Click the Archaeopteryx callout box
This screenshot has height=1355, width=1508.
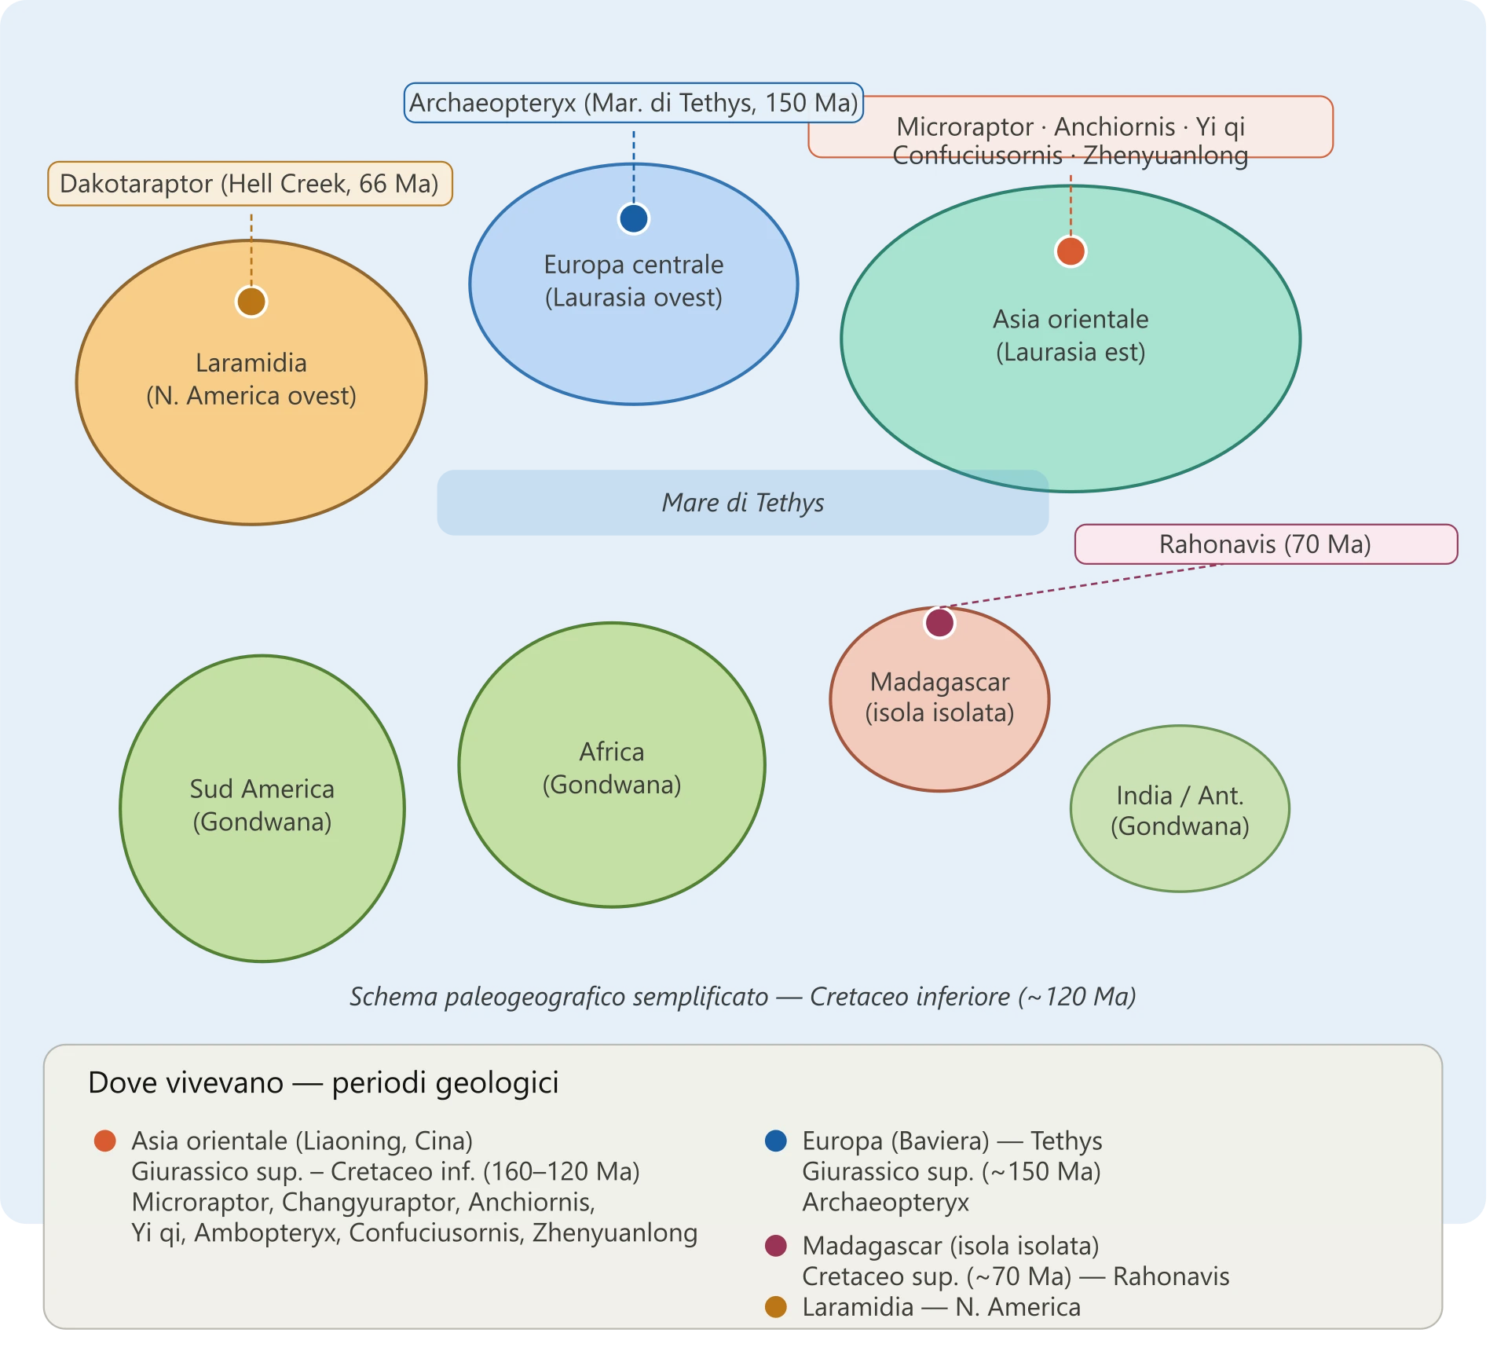tap(633, 103)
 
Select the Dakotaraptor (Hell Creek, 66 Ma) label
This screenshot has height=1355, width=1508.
tap(250, 184)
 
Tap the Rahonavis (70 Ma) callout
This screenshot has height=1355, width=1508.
tap(1265, 544)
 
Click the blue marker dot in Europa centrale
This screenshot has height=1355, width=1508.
tap(633, 218)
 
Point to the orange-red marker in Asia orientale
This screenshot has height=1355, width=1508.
tap(1071, 251)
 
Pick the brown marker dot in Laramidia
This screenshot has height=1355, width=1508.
tap(251, 302)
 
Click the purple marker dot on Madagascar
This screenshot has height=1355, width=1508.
tap(939, 623)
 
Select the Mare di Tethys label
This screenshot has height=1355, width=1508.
tap(743, 503)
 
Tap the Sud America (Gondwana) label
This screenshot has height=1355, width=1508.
tap(262, 805)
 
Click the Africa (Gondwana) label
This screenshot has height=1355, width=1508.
tap(612, 768)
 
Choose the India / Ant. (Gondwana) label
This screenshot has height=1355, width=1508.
tap(1180, 811)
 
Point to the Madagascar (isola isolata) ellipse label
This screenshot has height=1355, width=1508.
tap(939, 698)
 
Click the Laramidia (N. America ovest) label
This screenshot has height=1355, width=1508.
tap(251, 379)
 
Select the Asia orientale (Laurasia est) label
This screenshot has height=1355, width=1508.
tap(1071, 335)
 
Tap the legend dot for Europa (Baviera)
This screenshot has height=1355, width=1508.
tap(776, 1141)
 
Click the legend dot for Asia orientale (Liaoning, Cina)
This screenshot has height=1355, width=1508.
tap(105, 1141)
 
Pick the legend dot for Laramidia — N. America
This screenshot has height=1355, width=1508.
tap(776, 1307)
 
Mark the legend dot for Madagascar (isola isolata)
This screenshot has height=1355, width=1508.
tap(776, 1246)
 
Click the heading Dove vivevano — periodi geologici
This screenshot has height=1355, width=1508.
tap(324, 1083)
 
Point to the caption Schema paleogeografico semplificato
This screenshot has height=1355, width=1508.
tap(559, 997)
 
